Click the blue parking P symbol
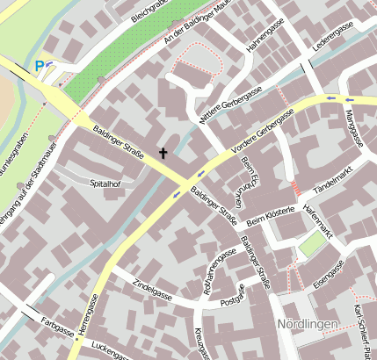click(39, 66)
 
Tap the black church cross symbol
click(163, 154)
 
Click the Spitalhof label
click(105, 184)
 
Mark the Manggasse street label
click(358, 123)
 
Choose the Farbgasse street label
click(56, 330)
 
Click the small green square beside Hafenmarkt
click(310, 246)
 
